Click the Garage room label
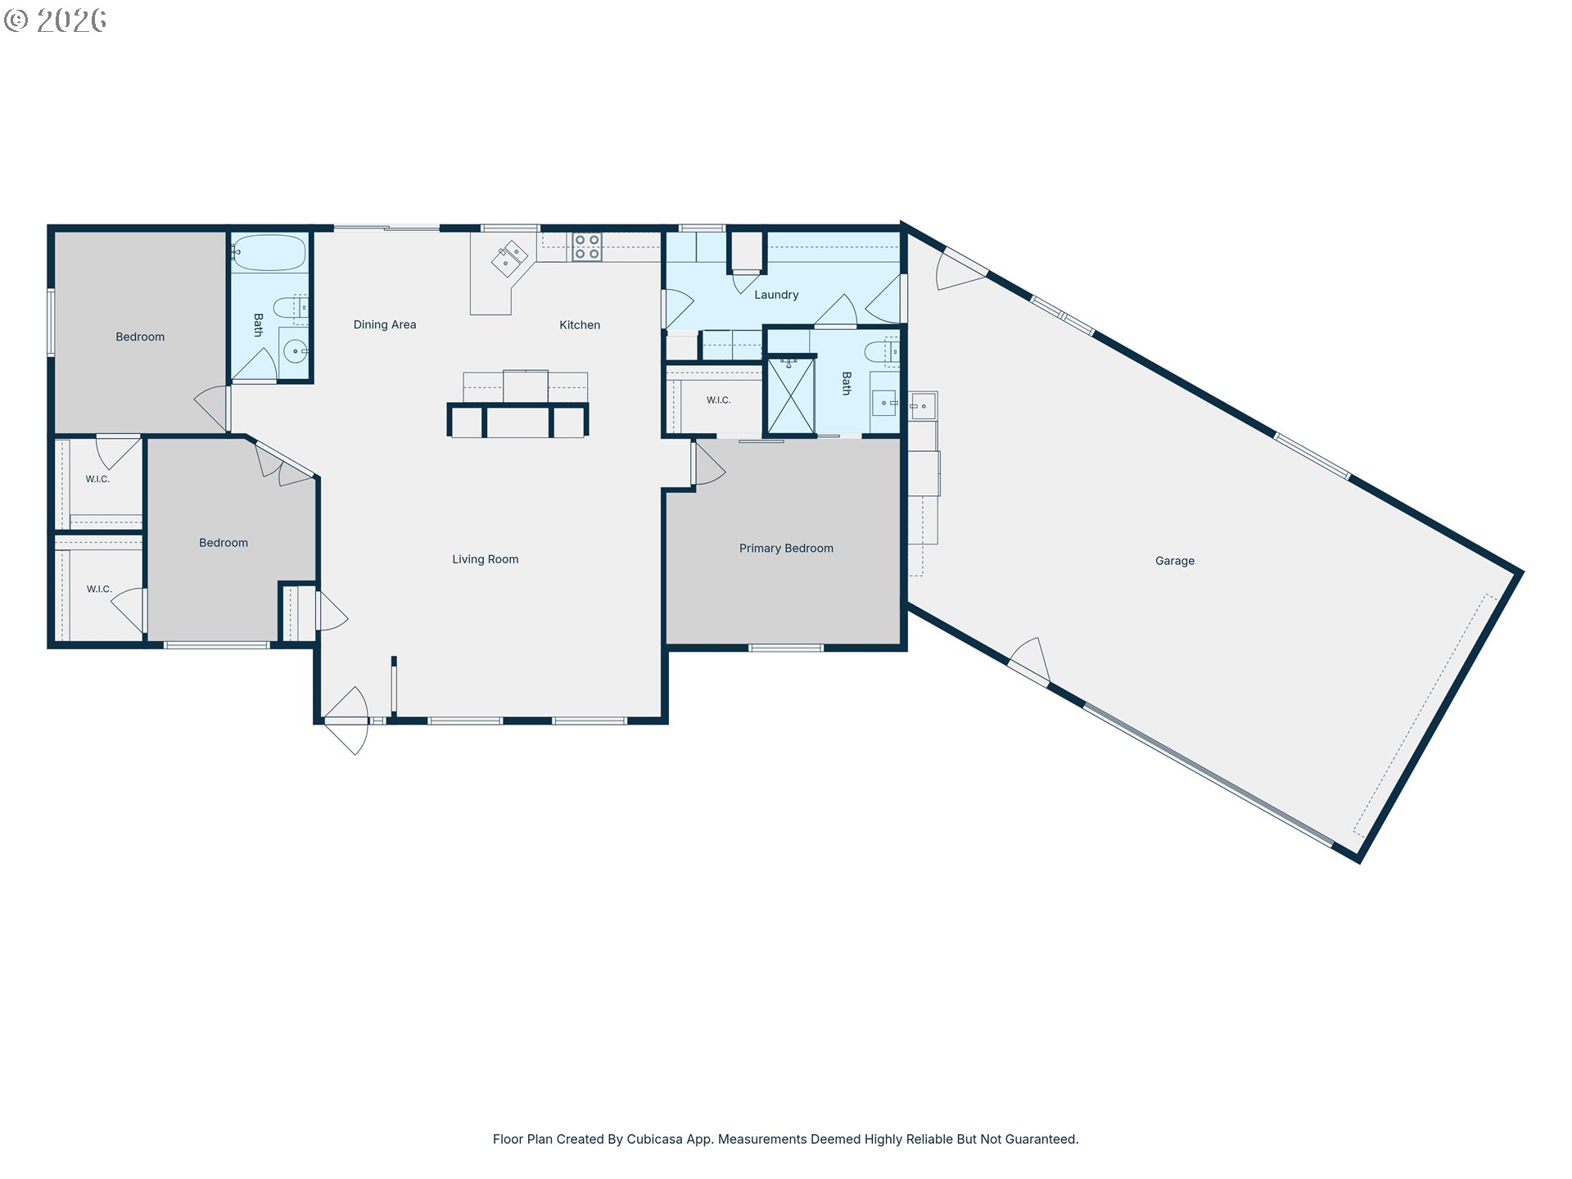1174,561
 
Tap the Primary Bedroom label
786,549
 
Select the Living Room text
486,559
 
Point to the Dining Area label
385,325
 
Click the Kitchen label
580,325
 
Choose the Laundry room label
776,295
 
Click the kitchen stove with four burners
587,247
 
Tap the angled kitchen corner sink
509,260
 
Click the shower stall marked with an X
791,396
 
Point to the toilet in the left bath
290,309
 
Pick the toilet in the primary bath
883,351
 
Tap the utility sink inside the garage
923,406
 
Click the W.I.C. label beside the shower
719,400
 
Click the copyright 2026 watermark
56,20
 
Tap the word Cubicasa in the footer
654,1139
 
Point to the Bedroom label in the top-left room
140,337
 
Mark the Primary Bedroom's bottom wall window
785,648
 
